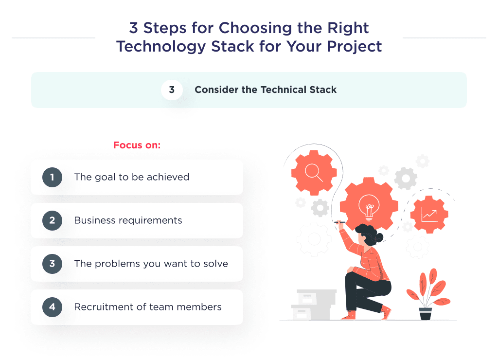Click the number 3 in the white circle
tap(172, 90)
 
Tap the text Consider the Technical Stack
tap(266, 90)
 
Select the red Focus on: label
tap(137, 145)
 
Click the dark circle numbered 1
tap(52, 177)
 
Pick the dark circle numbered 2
tap(52, 220)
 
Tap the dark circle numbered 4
tap(52, 307)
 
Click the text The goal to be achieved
tap(131, 177)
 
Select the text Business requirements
tap(128, 220)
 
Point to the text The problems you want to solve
tap(151, 264)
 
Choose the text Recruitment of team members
tap(147, 307)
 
